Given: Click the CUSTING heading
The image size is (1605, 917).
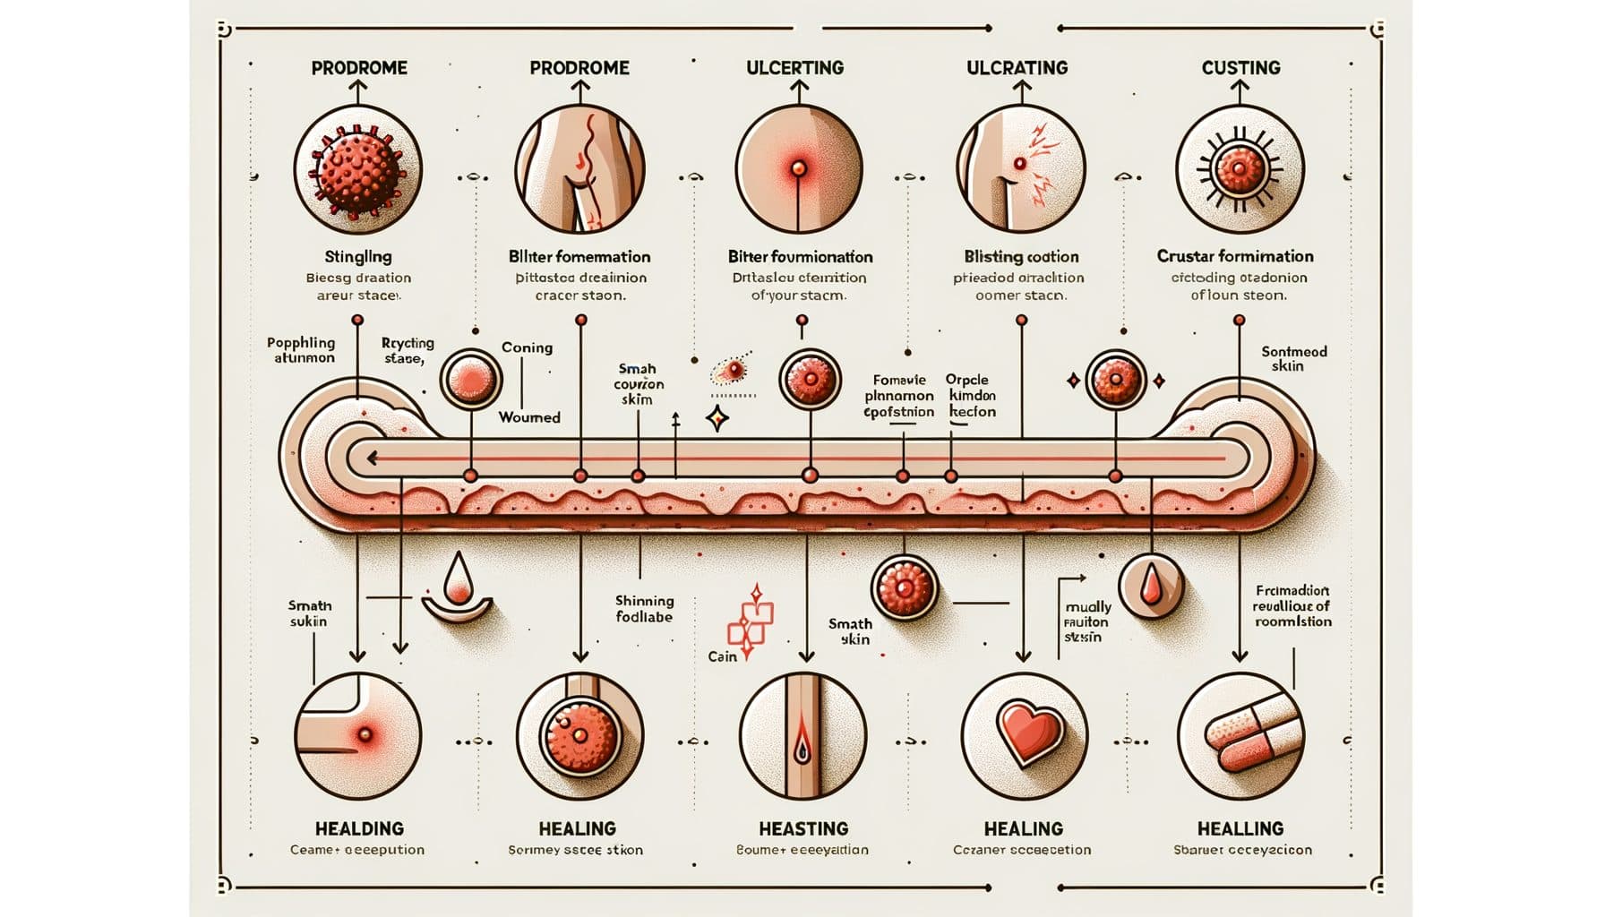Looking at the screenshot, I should pos(1240,67).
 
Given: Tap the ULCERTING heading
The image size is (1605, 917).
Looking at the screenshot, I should pos(794,67).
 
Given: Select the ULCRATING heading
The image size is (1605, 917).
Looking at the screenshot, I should pos(1017,67).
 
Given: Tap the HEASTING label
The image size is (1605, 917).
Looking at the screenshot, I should pos(803,828).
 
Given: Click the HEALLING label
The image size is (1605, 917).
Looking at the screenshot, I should pos(1240,828).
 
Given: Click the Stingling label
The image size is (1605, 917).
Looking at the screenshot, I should pos(357,257).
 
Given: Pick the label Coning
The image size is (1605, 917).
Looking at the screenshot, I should pos(527,347).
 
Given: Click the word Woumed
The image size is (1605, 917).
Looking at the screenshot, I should pos(529,417).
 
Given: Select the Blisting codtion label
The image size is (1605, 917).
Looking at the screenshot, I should pos(1021,256).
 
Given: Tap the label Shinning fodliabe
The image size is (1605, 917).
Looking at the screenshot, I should pos(644,609).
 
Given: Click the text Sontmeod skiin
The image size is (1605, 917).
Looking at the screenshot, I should pos(1293,358).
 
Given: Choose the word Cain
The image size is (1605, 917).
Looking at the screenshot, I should pos(722,656).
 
